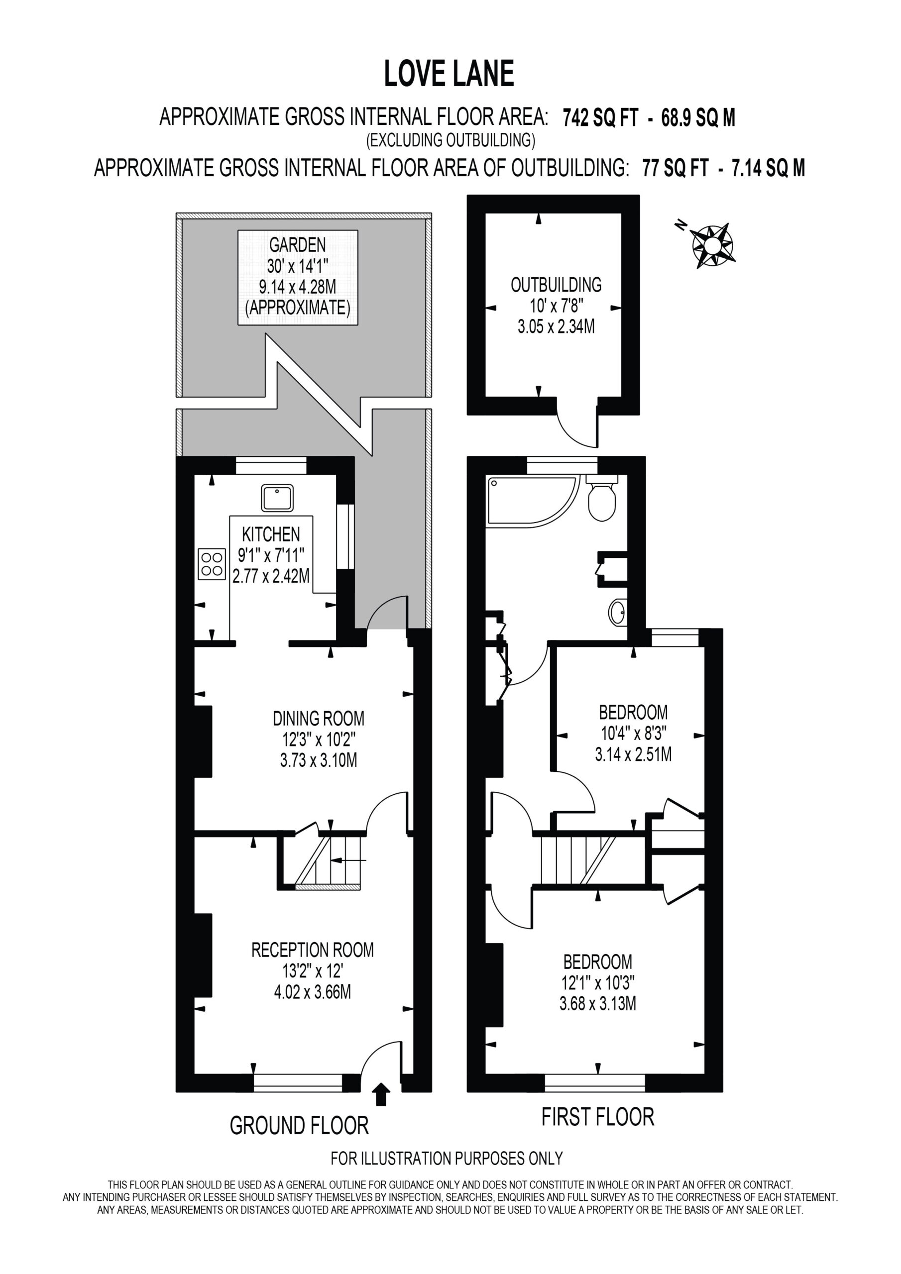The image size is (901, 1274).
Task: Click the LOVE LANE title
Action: point(449,74)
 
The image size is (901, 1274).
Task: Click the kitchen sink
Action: point(278,498)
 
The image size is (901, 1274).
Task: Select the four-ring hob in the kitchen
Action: point(212,564)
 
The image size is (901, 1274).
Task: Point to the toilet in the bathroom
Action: point(602,498)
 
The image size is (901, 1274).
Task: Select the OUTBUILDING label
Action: point(556,285)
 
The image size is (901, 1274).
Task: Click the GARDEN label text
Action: point(298,245)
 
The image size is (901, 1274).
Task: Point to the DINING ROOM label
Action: point(319,719)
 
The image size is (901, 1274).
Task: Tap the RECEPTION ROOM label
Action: point(313,950)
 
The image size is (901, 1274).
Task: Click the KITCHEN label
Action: point(271,534)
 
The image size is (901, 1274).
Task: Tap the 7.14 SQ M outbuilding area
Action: point(768,168)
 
